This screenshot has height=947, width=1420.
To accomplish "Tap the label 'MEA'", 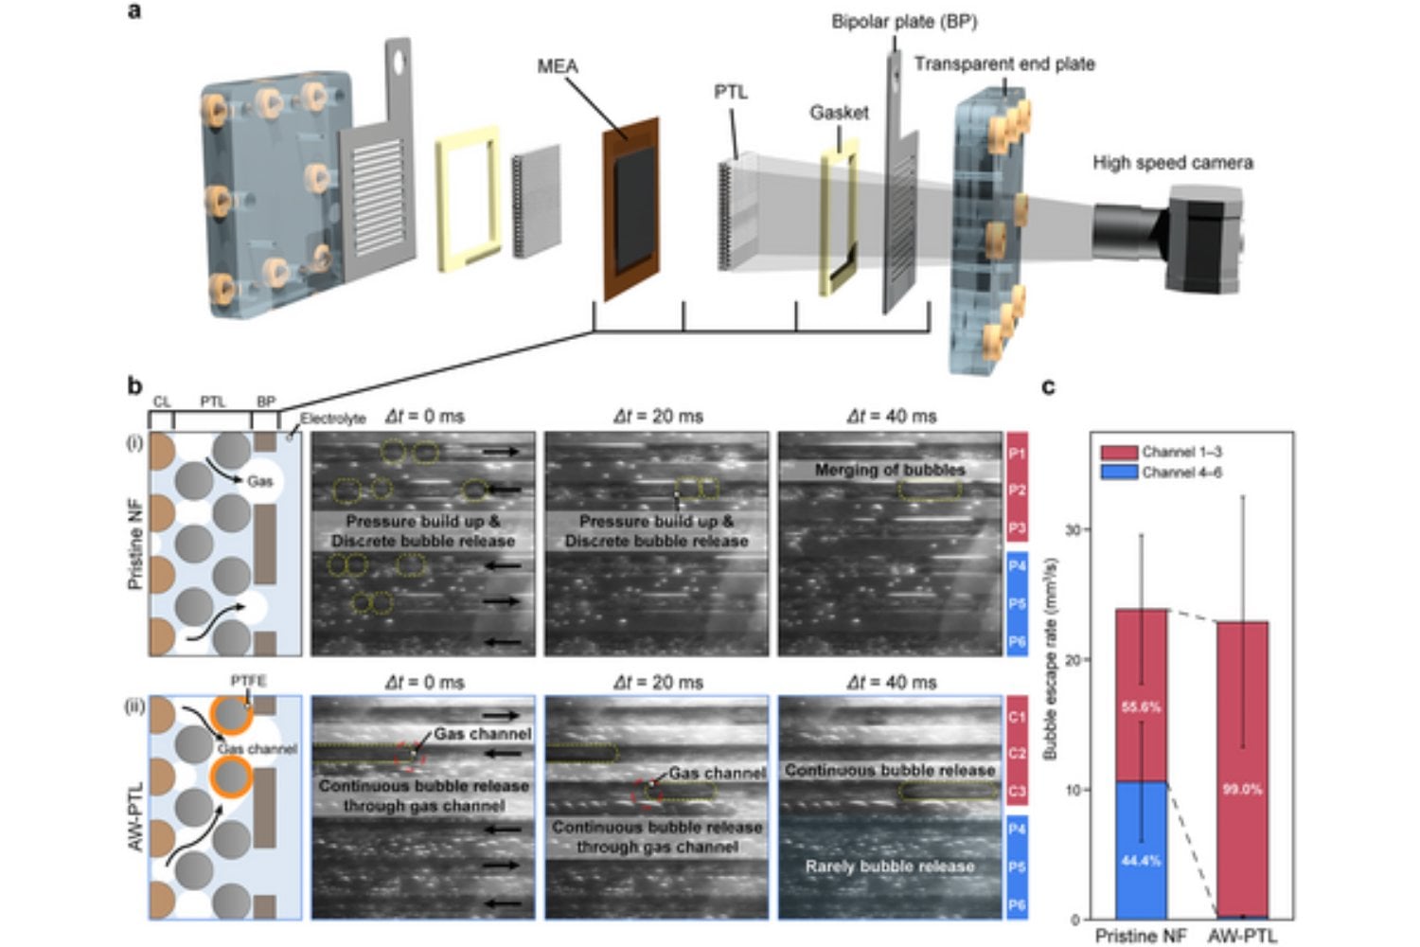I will pos(557,66).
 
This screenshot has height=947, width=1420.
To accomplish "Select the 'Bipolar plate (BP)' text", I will pos(904,21).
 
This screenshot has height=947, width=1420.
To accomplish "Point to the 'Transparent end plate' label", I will pos(1004,63).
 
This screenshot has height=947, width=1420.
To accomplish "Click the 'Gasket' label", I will pos(839,113).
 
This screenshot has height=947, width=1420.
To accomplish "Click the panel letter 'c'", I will pos(1048,386).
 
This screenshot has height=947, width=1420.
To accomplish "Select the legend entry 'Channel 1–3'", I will pos(1180,452).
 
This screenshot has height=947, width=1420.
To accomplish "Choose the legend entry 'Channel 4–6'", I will pos(1180,472).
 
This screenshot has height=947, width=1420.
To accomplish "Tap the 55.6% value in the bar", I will pos(1141,707).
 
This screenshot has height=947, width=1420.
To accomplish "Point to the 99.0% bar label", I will pos(1242,789).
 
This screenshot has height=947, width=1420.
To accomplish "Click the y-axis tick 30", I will pos(1073,529).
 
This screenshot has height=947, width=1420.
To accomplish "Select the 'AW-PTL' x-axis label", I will pos(1242,936).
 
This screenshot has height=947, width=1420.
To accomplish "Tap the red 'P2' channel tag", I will pos(1017,491).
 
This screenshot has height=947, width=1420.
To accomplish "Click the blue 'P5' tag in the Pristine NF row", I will pos(1017,603).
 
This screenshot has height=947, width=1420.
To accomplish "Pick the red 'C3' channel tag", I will pos(1017,791).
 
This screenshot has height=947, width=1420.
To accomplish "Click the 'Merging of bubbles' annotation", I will pos(890,470).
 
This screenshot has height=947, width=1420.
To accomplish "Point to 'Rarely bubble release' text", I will pos(890,867).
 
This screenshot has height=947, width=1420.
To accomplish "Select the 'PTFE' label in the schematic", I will pos(248,681).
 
